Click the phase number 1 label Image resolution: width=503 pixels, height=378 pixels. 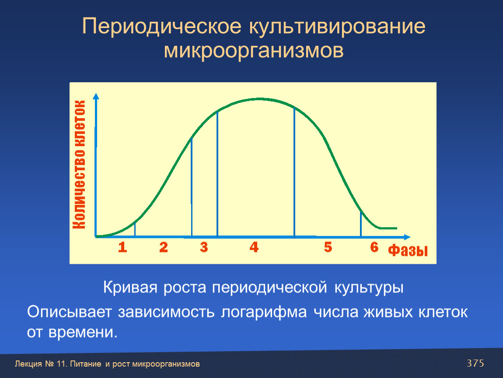click(x=122, y=247)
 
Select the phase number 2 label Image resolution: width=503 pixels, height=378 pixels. click(x=164, y=247)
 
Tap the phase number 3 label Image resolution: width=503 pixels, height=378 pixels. click(x=204, y=247)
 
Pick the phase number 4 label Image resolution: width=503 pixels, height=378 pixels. click(x=254, y=247)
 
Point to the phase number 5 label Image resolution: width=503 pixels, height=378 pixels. click(x=328, y=247)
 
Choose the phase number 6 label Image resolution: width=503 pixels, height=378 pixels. click(x=374, y=247)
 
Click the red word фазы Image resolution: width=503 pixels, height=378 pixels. click(x=408, y=250)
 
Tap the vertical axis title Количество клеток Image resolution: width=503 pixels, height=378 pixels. click(x=79, y=164)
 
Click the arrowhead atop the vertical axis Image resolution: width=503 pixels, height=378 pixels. click(x=96, y=96)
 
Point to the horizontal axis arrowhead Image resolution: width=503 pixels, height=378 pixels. click(x=407, y=237)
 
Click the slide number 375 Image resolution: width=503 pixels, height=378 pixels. click(x=475, y=363)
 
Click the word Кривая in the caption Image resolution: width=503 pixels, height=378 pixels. click(x=130, y=287)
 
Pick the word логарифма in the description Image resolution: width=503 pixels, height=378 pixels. click(x=264, y=312)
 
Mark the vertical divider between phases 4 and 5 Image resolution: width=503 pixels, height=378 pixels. click(x=294, y=173)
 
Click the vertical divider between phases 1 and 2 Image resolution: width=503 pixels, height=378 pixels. click(x=135, y=229)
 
